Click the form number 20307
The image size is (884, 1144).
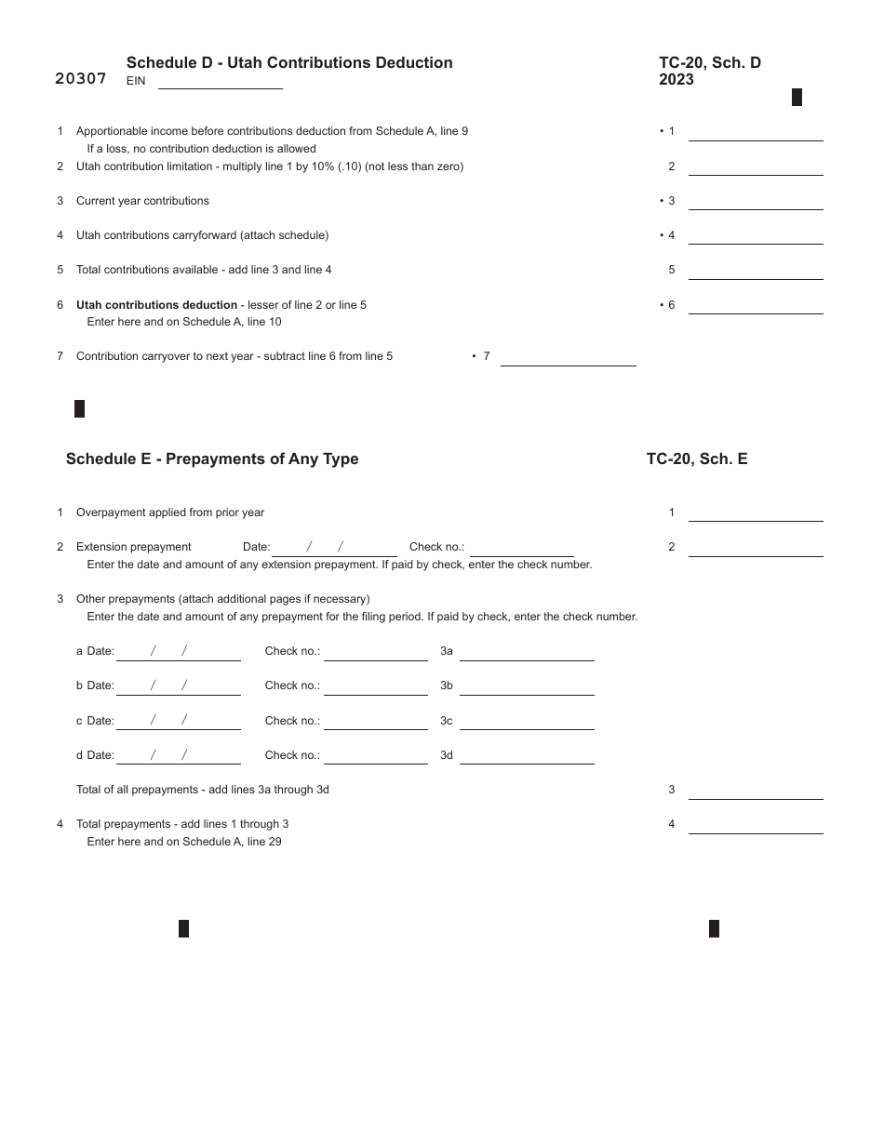coord(81,79)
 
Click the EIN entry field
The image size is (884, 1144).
coord(220,81)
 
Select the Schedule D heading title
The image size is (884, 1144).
coord(289,62)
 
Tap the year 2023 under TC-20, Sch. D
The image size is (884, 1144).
coord(676,80)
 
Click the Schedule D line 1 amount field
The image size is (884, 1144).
coord(755,132)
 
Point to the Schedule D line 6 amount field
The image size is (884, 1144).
coord(755,305)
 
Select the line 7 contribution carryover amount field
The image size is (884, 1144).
coord(568,357)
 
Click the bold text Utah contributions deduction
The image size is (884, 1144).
coord(156,305)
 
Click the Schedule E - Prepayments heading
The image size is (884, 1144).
coord(212,459)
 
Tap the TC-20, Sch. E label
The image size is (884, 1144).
coord(697,459)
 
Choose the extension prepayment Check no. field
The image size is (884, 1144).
coord(521,548)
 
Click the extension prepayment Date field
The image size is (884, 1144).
coord(334,548)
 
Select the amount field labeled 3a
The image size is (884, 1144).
coord(527,652)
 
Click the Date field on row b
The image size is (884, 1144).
coord(178,686)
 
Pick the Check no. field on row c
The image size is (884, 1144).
coord(375,721)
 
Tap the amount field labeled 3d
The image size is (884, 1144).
coord(527,755)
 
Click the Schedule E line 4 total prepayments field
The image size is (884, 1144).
coord(755,825)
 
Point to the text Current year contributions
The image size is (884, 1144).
coord(142,201)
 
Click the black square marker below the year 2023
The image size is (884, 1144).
coord(797,98)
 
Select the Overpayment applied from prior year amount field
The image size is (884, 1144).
coord(755,513)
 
